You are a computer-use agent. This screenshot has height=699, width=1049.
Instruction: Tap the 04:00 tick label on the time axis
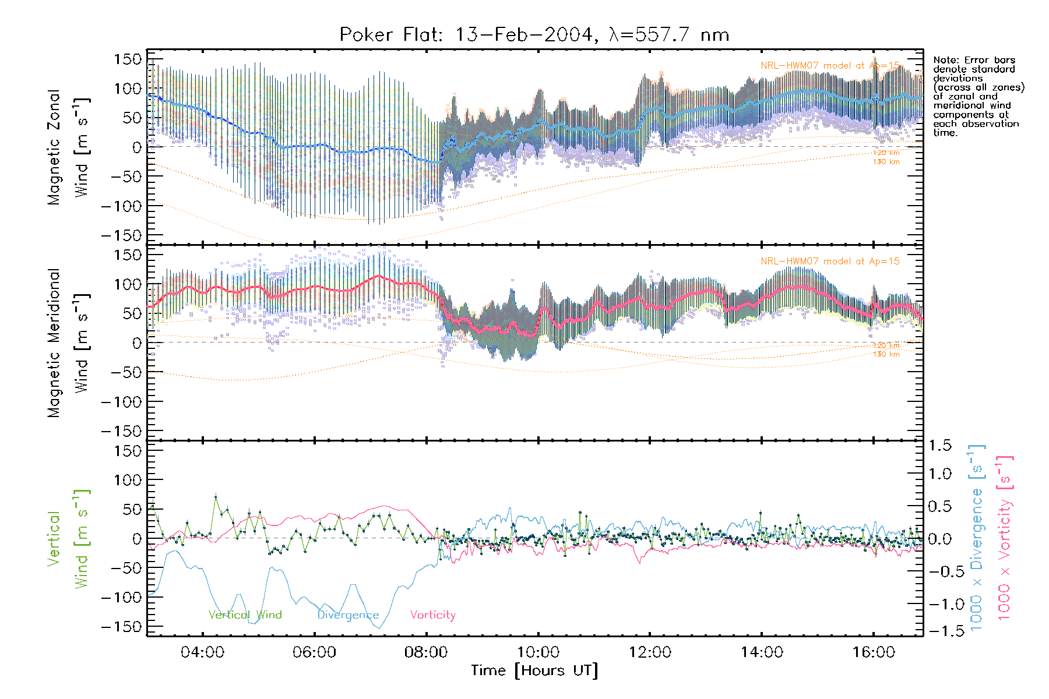[202, 652]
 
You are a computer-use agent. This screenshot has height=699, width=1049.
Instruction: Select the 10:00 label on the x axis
[538, 652]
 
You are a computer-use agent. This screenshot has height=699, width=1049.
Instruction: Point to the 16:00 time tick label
[874, 652]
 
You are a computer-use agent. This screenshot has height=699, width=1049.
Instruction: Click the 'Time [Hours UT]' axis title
[534, 670]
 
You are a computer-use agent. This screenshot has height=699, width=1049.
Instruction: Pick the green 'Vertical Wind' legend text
[245, 615]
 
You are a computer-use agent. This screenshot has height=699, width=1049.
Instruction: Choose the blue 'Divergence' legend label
[348, 615]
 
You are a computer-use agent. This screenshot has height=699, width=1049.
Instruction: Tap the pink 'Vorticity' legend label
[432, 615]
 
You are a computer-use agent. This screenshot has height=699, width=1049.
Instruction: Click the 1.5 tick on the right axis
[939, 446]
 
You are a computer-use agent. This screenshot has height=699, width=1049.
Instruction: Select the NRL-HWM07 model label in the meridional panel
[830, 262]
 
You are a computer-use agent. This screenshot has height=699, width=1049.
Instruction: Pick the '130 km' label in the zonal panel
[886, 162]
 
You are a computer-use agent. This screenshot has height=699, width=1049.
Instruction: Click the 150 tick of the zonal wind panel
[128, 59]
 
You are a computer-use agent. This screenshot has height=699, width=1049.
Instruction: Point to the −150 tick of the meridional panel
[121, 431]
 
